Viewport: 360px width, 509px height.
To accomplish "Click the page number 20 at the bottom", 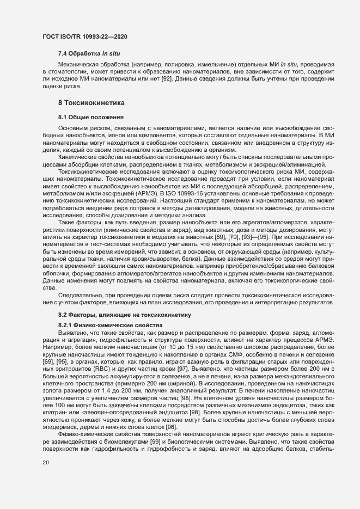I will click(46, 462).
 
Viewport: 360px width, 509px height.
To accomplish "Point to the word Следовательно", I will click(82, 295).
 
